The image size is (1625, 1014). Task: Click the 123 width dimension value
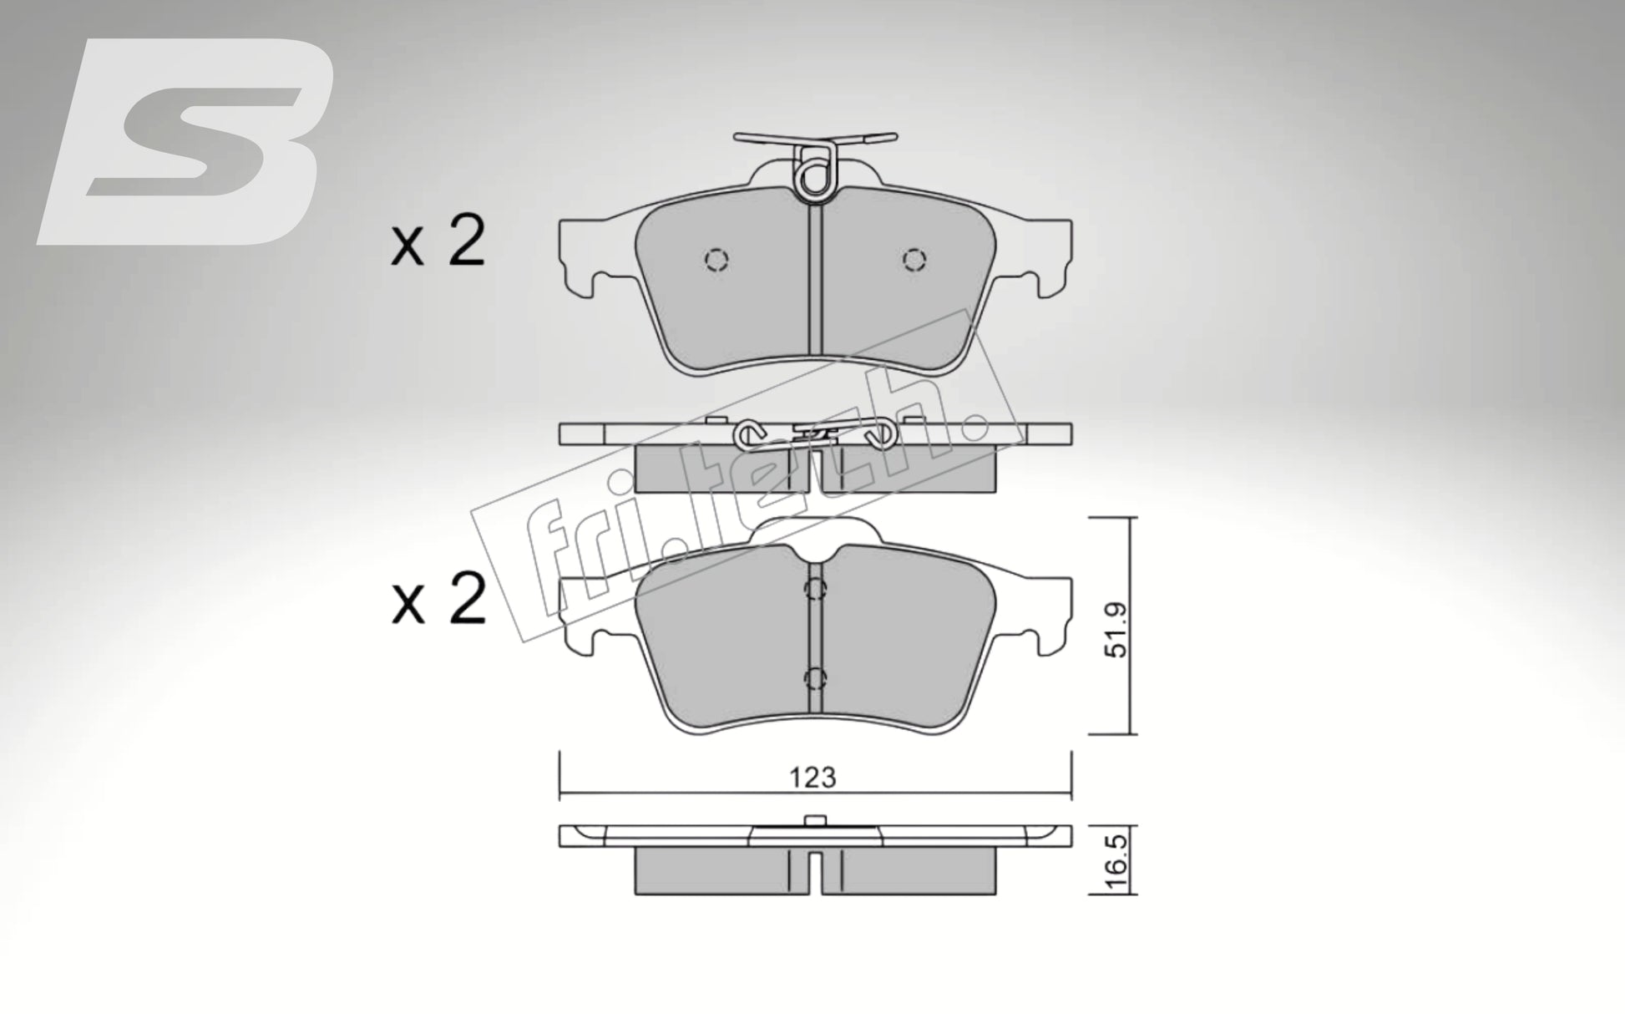click(x=813, y=778)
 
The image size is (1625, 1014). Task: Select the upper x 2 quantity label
click(x=438, y=243)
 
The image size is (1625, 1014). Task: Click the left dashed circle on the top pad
click(x=716, y=261)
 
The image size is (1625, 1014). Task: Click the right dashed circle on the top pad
click(x=914, y=261)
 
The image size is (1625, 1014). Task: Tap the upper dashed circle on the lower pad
click(x=815, y=590)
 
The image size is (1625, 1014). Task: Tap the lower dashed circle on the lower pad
click(x=815, y=677)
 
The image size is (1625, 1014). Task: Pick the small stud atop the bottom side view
click(x=815, y=820)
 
